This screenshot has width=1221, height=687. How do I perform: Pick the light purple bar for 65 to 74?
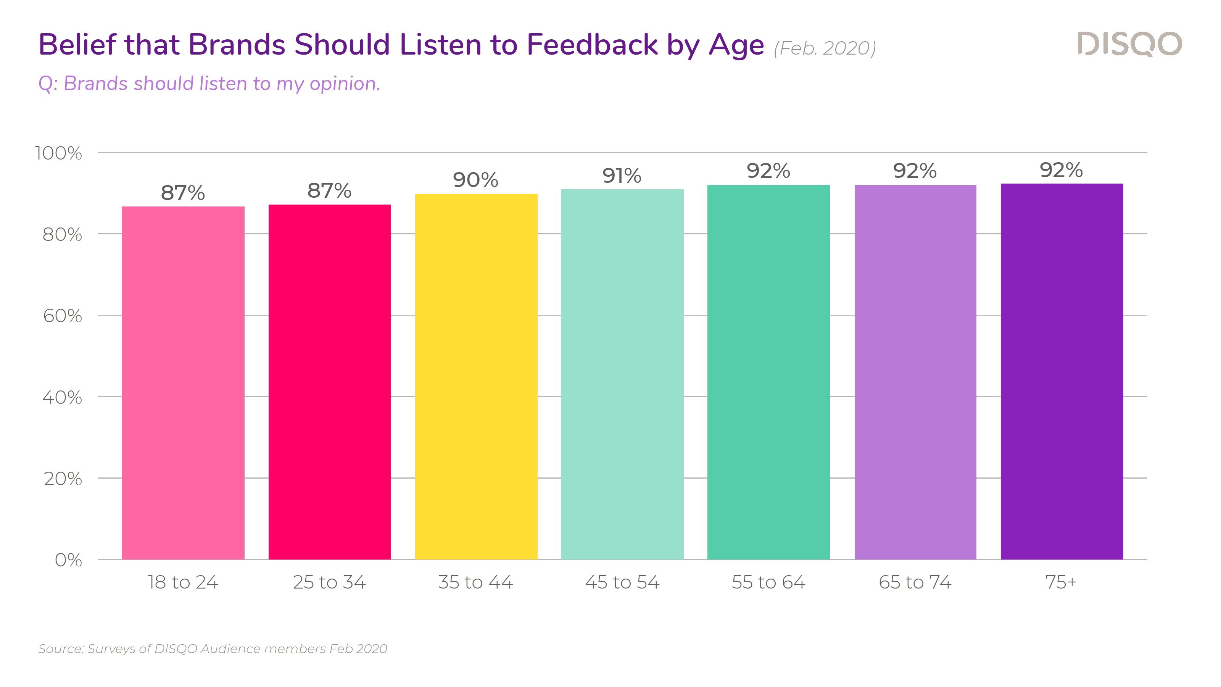tap(915, 372)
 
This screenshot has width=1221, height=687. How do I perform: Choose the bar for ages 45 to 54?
tap(622, 374)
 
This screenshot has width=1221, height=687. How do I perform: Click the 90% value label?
tap(475, 180)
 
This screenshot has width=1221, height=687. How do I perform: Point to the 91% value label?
tap(622, 176)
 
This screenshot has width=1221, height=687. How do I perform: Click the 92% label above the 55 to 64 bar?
tap(768, 171)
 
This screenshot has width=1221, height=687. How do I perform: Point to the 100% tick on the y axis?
tap(59, 153)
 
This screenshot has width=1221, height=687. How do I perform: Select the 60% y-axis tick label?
tap(63, 316)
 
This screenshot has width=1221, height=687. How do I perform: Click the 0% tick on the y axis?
tap(68, 560)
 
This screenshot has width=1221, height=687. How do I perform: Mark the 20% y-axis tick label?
tap(63, 479)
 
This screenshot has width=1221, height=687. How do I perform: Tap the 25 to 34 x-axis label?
tap(329, 582)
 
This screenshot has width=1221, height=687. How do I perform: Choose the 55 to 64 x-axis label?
tap(768, 582)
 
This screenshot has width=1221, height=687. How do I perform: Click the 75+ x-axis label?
tap(1061, 582)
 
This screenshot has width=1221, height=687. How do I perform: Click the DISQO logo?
tap(1129, 45)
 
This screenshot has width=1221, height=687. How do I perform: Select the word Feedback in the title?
tap(592, 45)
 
